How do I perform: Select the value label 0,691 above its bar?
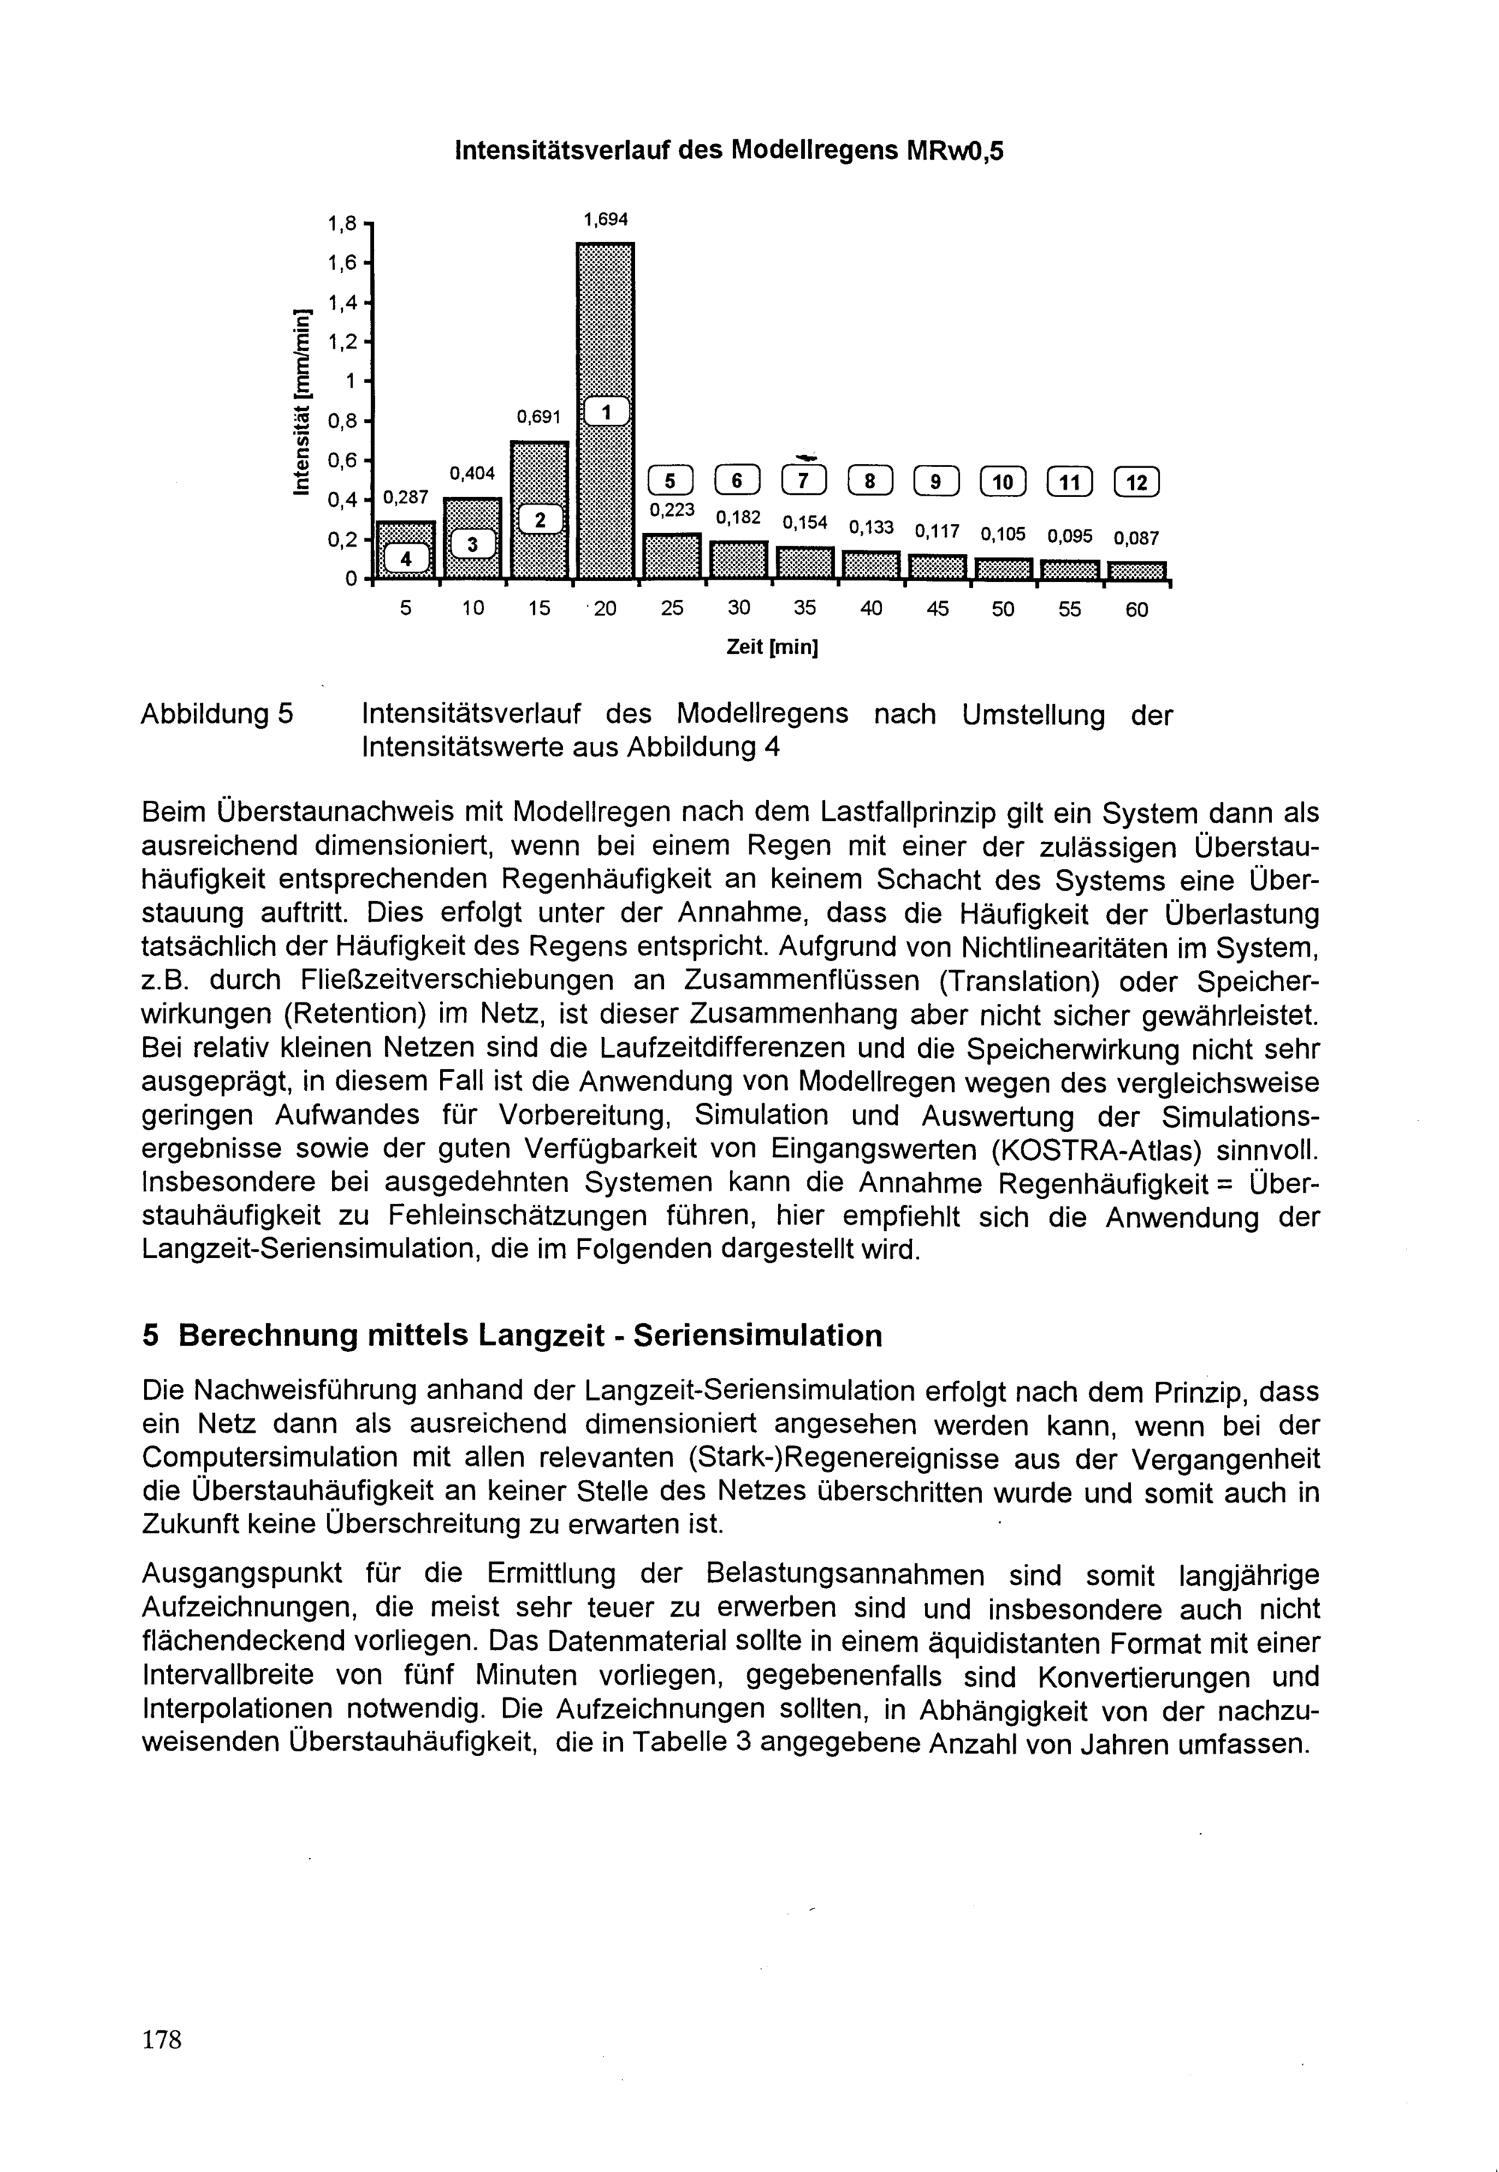click(538, 416)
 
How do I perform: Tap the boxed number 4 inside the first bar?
click(405, 558)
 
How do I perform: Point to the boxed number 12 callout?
click(1136, 483)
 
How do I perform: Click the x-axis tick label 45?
click(938, 609)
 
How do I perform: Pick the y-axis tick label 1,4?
click(342, 302)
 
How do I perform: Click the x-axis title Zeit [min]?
click(772, 649)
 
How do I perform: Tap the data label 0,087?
click(1135, 539)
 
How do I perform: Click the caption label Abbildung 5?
click(217, 715)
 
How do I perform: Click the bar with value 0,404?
click(472, 538)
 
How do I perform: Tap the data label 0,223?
click(672, 510)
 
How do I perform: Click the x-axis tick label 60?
click(1136, 610)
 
